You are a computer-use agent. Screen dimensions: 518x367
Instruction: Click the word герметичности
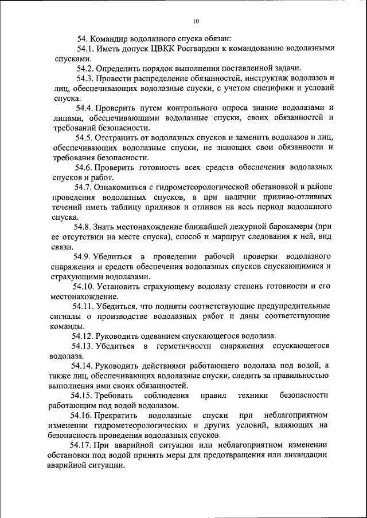(187, 346)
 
